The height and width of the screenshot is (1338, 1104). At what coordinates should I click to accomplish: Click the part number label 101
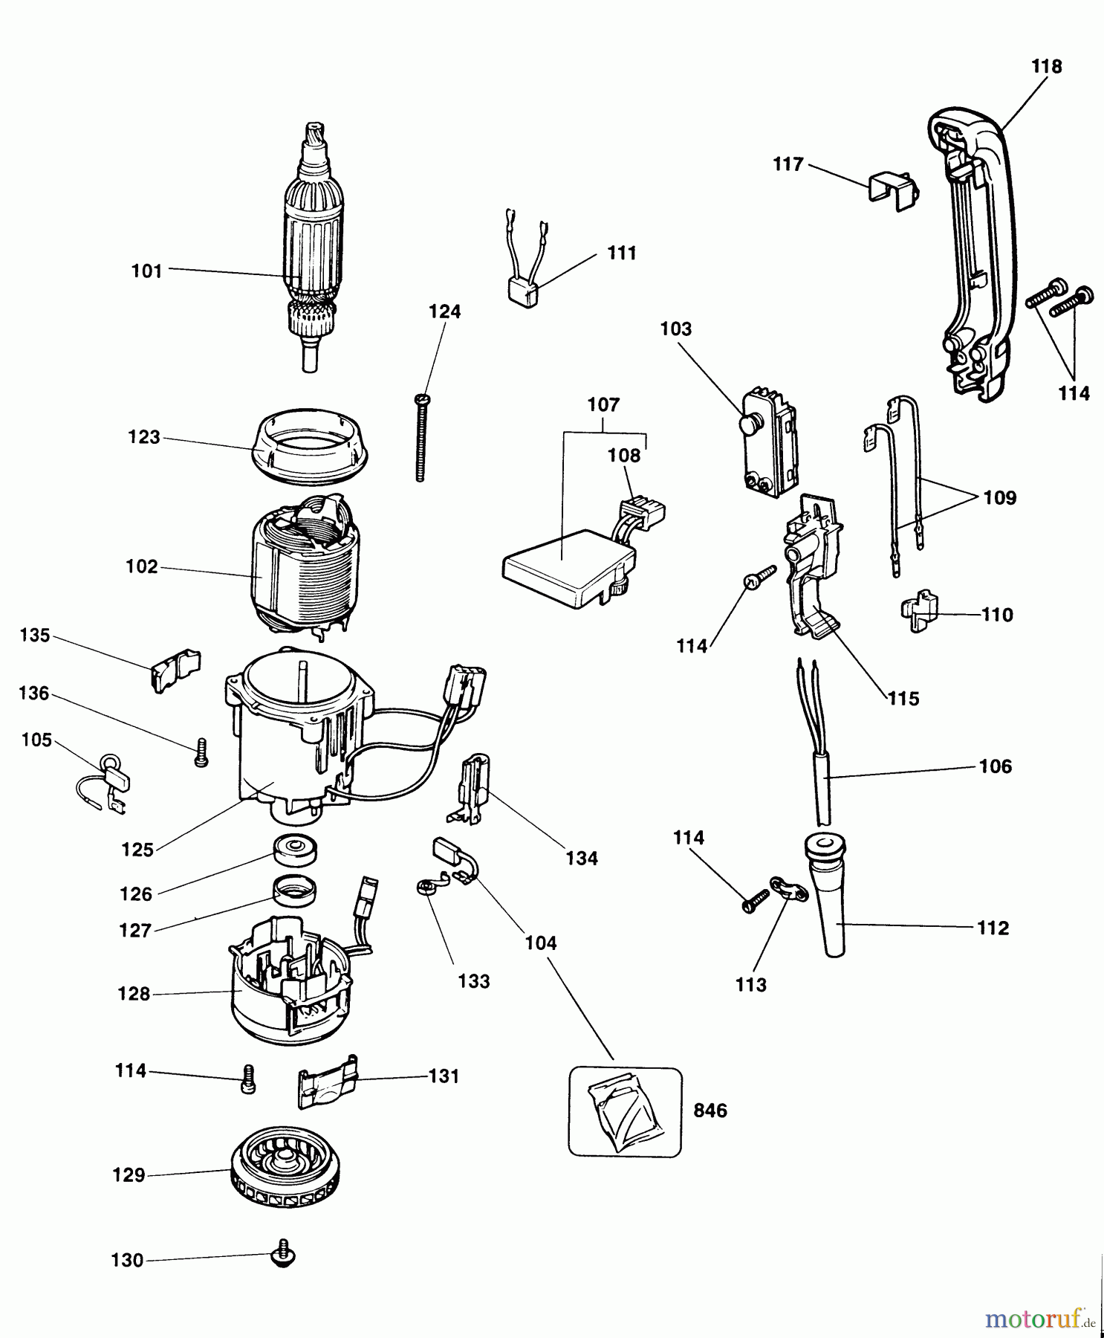point(146,271)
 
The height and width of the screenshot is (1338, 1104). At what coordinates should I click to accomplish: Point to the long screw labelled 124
point(421,438)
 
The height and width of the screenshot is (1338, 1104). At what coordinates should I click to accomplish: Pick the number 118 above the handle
point(1046,66)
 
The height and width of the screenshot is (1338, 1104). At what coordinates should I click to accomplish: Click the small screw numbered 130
point(283,1253)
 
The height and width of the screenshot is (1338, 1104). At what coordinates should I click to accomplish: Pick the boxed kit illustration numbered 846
point(625,1111)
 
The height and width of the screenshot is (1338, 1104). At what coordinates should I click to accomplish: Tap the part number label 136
point(34,694)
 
